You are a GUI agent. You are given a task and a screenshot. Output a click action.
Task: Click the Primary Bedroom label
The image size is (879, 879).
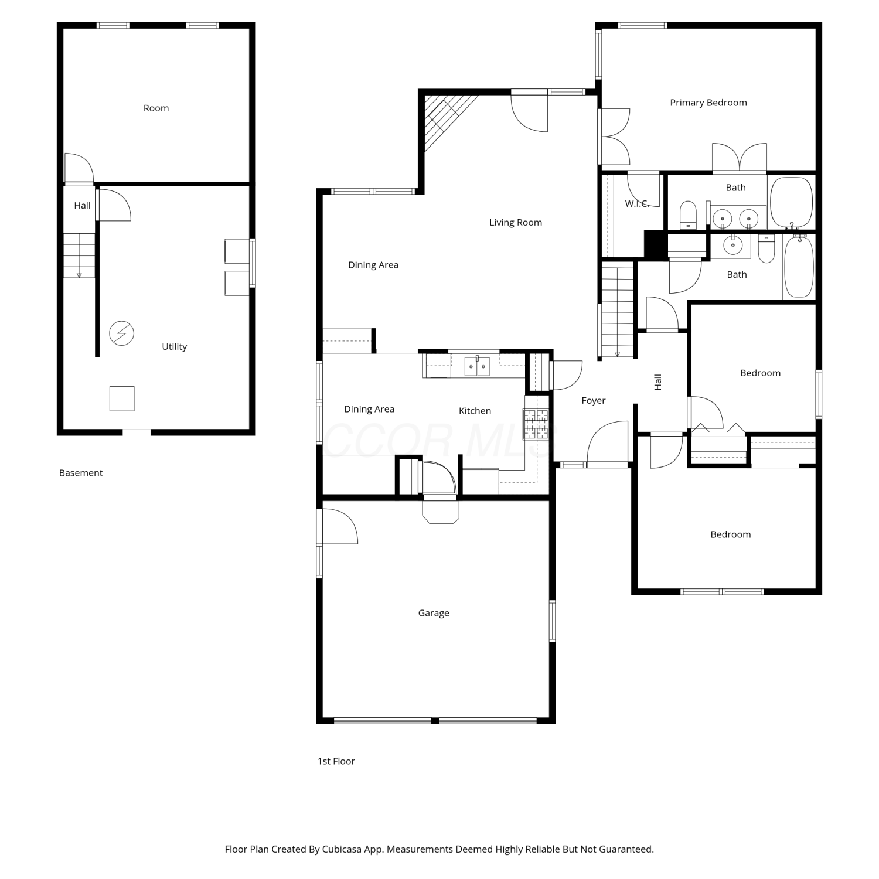[708, 103]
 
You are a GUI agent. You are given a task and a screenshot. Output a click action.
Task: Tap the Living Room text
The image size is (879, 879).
[516, 223]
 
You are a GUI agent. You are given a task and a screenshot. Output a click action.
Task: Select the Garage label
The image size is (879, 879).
[434, 613]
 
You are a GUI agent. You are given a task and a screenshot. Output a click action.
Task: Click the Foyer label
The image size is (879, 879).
[594, 401]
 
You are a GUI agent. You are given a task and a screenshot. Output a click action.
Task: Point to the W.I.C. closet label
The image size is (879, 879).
[637, 204]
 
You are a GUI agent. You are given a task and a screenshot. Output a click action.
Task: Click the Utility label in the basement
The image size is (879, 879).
[174, 347]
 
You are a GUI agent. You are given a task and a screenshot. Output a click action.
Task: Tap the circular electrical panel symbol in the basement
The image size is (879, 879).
[122, 333]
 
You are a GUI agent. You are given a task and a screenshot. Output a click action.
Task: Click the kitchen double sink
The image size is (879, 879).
[477, 366]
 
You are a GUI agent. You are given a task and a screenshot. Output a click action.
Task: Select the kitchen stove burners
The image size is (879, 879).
[536, 424]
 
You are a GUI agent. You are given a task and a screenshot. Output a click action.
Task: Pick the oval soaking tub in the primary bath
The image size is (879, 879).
[791, 202]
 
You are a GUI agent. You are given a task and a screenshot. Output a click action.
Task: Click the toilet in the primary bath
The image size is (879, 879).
[688, 215]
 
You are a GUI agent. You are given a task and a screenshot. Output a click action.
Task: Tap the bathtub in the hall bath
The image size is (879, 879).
[799, 267]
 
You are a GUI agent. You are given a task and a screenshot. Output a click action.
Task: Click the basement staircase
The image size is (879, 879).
[79, 255]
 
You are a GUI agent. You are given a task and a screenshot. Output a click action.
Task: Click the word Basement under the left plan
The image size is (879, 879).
[81, 473]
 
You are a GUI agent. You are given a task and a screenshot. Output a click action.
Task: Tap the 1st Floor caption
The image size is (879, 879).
[336, 761]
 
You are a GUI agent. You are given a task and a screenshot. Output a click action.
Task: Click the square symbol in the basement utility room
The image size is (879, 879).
[122, 398]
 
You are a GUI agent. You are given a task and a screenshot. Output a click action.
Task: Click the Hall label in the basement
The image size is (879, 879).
[82, 205]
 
